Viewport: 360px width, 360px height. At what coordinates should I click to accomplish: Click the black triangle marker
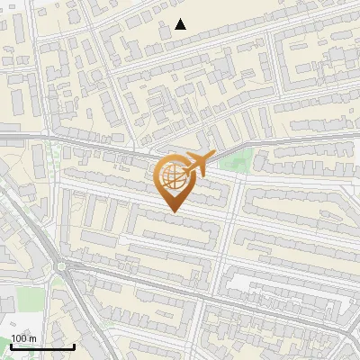click(x=181, y=24)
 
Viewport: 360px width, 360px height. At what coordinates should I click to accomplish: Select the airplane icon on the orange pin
click(x=194, y=164)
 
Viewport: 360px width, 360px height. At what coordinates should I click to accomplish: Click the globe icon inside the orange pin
click(x=173, y=177)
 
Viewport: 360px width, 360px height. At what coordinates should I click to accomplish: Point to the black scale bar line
click(x=42, y=347)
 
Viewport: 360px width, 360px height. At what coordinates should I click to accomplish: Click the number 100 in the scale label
click(x=19, y=339)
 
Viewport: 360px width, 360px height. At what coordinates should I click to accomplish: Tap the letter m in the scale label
click(x=32, y=339)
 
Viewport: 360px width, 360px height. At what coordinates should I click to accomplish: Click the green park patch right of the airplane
click(x=234, y=163)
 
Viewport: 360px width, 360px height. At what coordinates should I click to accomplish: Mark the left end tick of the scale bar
click(x=11, y=346)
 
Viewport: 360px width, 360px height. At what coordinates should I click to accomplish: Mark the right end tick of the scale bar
click(x=74, y=346)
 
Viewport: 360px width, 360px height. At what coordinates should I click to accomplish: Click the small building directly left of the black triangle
click(x=165, y=30)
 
